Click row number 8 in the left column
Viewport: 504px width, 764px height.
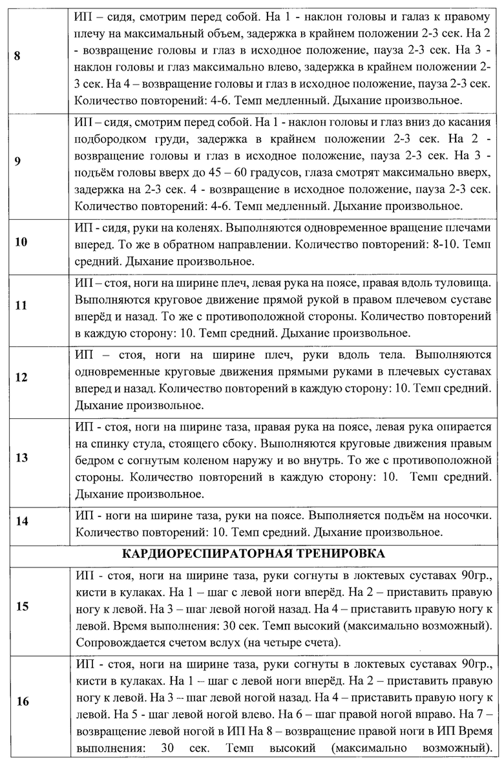click(17, 56)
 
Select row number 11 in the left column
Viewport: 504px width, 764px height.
click(21, 305)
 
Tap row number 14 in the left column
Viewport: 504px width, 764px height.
click(21, 522)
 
